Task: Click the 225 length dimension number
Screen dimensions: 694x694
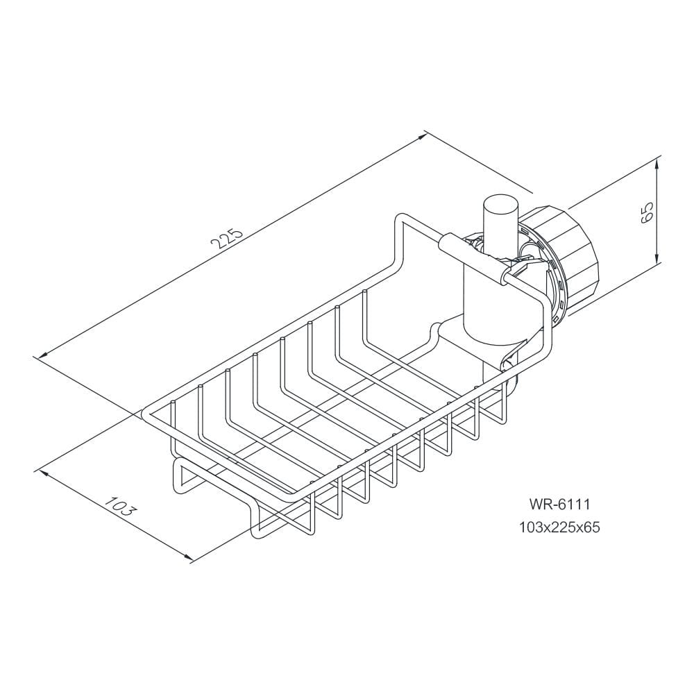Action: click(227, 239)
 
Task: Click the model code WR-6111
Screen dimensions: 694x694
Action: click(559, 504)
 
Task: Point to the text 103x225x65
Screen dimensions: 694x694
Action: click(559, 527)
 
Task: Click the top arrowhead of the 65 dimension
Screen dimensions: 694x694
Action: click(657, 164)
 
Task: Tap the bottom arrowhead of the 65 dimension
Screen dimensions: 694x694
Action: click(657, 257)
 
